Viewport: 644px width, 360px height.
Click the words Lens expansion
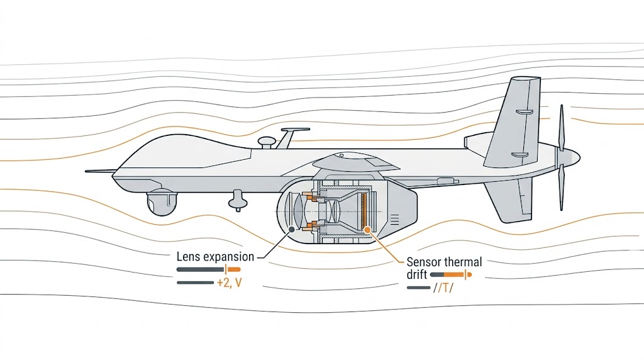coord(216,257)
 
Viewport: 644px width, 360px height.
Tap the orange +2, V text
coord(230,283)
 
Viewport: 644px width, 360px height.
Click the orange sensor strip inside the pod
coord(363,210)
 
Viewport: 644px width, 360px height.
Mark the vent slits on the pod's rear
coord(394,219)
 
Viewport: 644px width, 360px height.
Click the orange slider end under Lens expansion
coord(233,269)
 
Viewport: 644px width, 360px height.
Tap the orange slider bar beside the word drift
coord(457,275)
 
